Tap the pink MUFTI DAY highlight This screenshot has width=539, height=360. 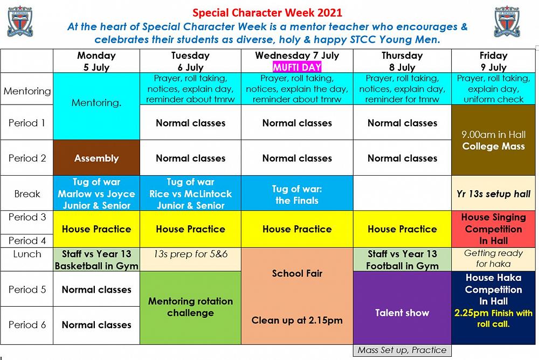click(297, 67)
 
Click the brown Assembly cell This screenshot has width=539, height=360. click(96, 158)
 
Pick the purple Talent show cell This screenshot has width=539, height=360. click(402, 313)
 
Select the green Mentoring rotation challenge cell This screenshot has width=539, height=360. click(190, 307)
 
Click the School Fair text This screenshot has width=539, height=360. click(297, 273)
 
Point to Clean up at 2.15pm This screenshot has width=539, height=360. click(297, 321)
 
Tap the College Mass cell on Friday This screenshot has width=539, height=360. click(494, 140)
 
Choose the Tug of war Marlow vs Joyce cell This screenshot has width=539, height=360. click(96, 193)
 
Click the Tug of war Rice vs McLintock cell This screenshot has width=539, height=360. click(190, 193)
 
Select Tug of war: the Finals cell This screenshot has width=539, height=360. click(297, 195)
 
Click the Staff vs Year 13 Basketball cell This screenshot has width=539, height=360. click(96, 260)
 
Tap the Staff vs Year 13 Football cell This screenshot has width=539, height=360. click(402, 260)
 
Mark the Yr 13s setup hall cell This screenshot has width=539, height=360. click(494, 194)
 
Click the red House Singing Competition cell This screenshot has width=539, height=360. click(494, 229)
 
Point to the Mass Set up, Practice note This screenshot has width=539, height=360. click(402, 350)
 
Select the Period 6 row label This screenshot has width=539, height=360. click(27, 325)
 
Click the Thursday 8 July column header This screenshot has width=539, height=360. click(402, 61)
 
